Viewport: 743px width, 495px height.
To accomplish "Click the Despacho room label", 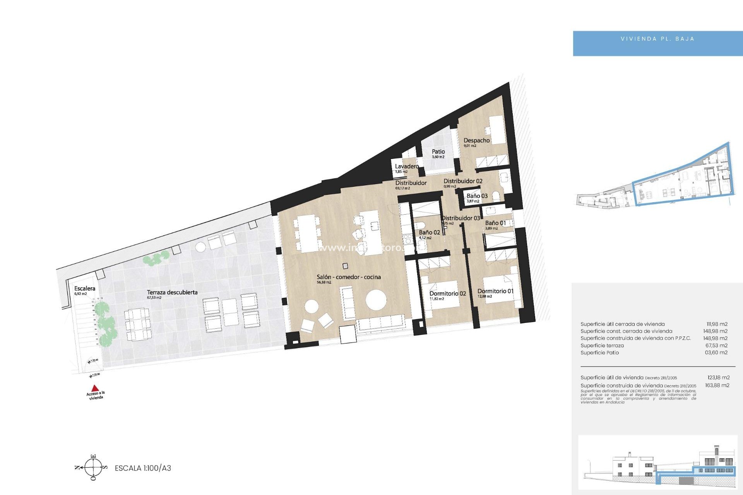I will pos(476,140).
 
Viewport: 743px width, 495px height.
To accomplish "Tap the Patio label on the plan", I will pos(438,152).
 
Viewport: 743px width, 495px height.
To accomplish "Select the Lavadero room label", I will pos(407,166).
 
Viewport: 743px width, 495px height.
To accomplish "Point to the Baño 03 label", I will pos(477,196).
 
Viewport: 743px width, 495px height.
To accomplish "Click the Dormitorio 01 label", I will pos(495,291).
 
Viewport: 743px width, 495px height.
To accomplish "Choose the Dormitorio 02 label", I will pos(448,294).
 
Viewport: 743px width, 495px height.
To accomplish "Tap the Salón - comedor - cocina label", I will pos(349,277).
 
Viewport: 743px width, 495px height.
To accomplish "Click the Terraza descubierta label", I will pos(172,292).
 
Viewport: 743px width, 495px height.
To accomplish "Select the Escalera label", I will pos(85,288).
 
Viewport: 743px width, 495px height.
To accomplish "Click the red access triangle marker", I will pos(95,388).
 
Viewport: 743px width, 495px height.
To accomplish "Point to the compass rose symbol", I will pos(93,468).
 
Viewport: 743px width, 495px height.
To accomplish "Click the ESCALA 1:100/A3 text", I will pos(143,468).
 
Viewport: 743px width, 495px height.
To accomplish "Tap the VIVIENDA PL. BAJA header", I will pos(657,39).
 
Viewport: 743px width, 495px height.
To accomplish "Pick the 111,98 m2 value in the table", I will pos(717,324).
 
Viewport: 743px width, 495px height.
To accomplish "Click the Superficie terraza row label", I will pos(602,345).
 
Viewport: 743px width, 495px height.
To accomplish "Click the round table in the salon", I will pos(376,300).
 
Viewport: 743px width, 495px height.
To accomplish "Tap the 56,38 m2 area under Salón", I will pos(324,282).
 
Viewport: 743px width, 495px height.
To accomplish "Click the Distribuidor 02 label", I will pos(463,181).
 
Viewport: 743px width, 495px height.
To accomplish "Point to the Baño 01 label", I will pos(495,223).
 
